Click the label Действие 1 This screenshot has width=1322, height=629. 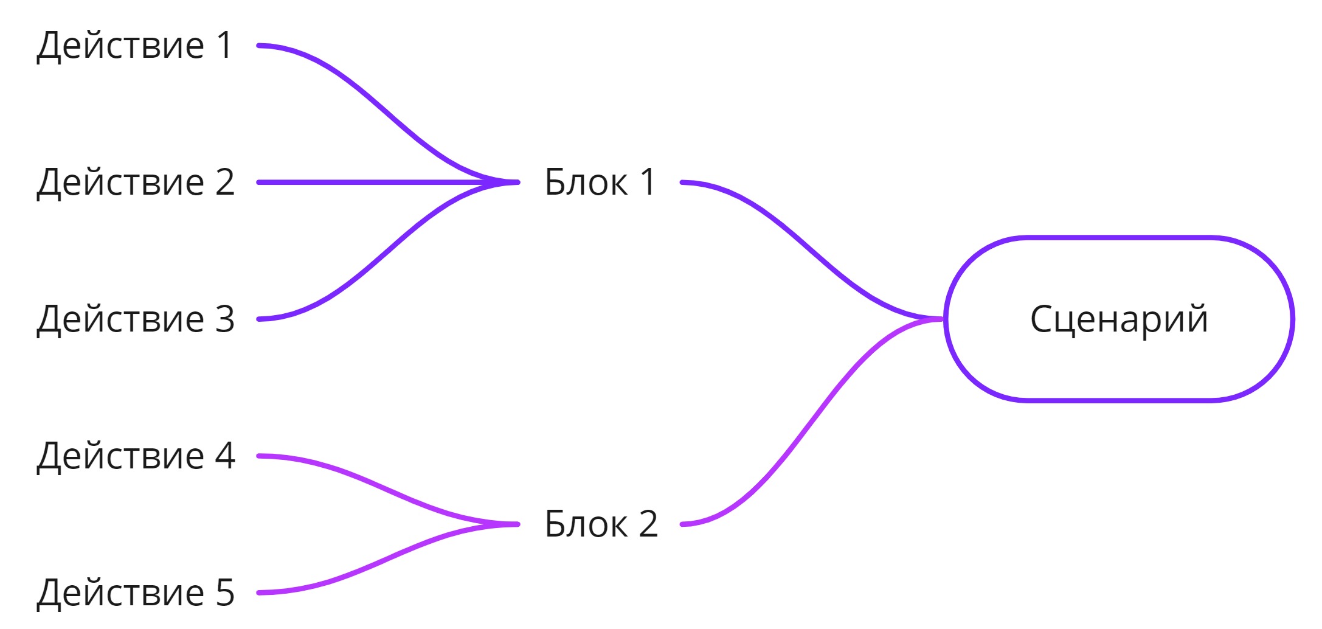[x=134, y=46]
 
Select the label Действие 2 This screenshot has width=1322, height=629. [x=135, y=182]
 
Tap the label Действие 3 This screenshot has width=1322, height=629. [x=135, y=319]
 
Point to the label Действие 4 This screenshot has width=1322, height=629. [x=135, y=456]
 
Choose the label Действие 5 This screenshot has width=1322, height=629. [x=135, y=593]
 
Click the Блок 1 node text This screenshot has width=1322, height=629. [x=600, y=182]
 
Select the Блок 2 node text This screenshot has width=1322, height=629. [x=601, y=524]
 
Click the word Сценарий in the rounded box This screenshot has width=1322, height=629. [x=1119, y=319]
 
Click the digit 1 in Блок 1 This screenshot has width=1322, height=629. [x=648, y=182]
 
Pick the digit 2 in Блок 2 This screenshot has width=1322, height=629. [x=648, y=524]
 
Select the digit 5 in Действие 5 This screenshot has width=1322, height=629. [x=225, y=593]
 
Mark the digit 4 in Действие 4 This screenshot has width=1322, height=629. [x=225, y=456]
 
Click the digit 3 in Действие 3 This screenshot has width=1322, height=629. [x=225, y=319]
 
